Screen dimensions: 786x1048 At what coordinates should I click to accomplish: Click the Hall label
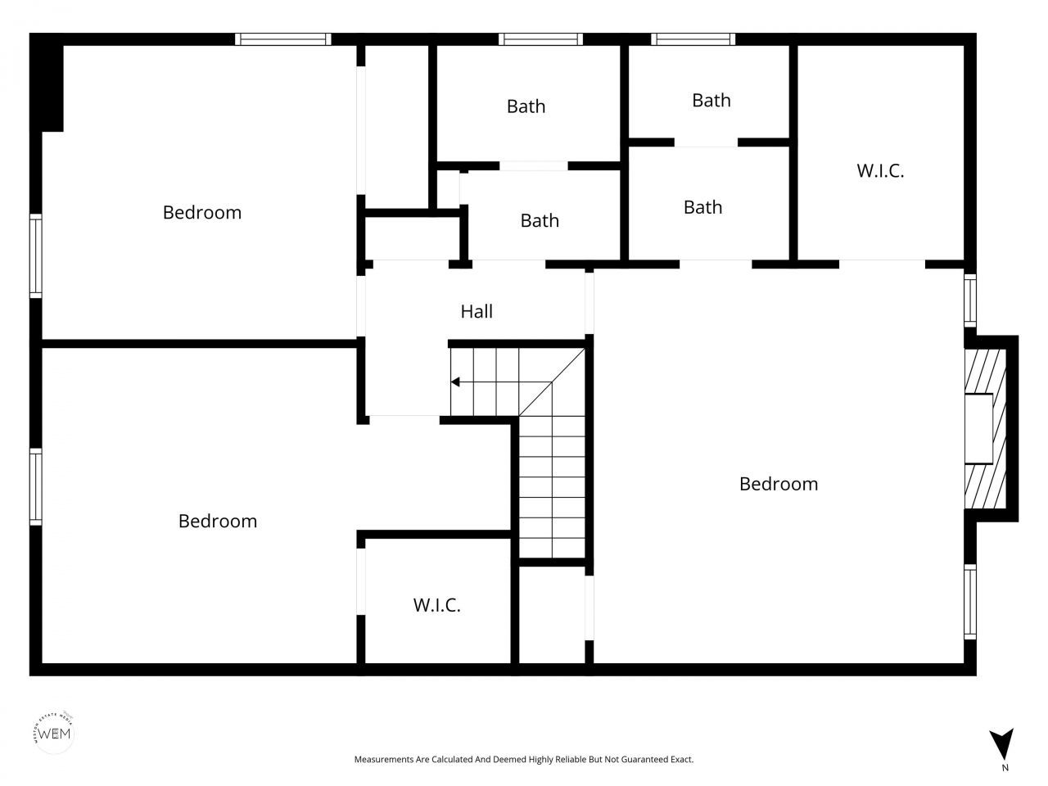click(x=477, y=311)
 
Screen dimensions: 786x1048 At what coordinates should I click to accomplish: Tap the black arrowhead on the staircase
click(x=455, y=382)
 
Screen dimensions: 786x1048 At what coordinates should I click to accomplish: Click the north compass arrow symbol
click(x=1001, y=743)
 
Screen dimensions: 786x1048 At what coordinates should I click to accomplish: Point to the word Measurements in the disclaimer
click(x=383, y=760)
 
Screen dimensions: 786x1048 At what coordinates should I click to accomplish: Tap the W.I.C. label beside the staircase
click(x=436, y=605)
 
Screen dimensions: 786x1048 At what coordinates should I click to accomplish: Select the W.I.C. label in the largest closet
click(x=880, y=170)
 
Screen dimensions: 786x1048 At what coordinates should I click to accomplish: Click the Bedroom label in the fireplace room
click(x=778, y=483)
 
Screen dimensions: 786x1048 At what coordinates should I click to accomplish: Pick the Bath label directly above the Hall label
click(x=540, y=220)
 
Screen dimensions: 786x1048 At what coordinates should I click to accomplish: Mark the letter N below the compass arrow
click(x=1005, y=768)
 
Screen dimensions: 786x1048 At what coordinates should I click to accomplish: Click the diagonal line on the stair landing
click(x=553, y=382)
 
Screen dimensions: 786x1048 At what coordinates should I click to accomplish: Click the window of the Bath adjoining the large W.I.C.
click(x=693, y=38)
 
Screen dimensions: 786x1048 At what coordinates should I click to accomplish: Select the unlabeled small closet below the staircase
click(x=552, y=614)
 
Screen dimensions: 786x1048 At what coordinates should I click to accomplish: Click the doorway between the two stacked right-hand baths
click(x=706, y=142)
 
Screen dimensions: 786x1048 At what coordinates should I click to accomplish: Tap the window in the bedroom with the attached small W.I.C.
click(x=36, y=486)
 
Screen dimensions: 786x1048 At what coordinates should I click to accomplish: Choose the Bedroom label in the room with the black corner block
click(x=201, y=212)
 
